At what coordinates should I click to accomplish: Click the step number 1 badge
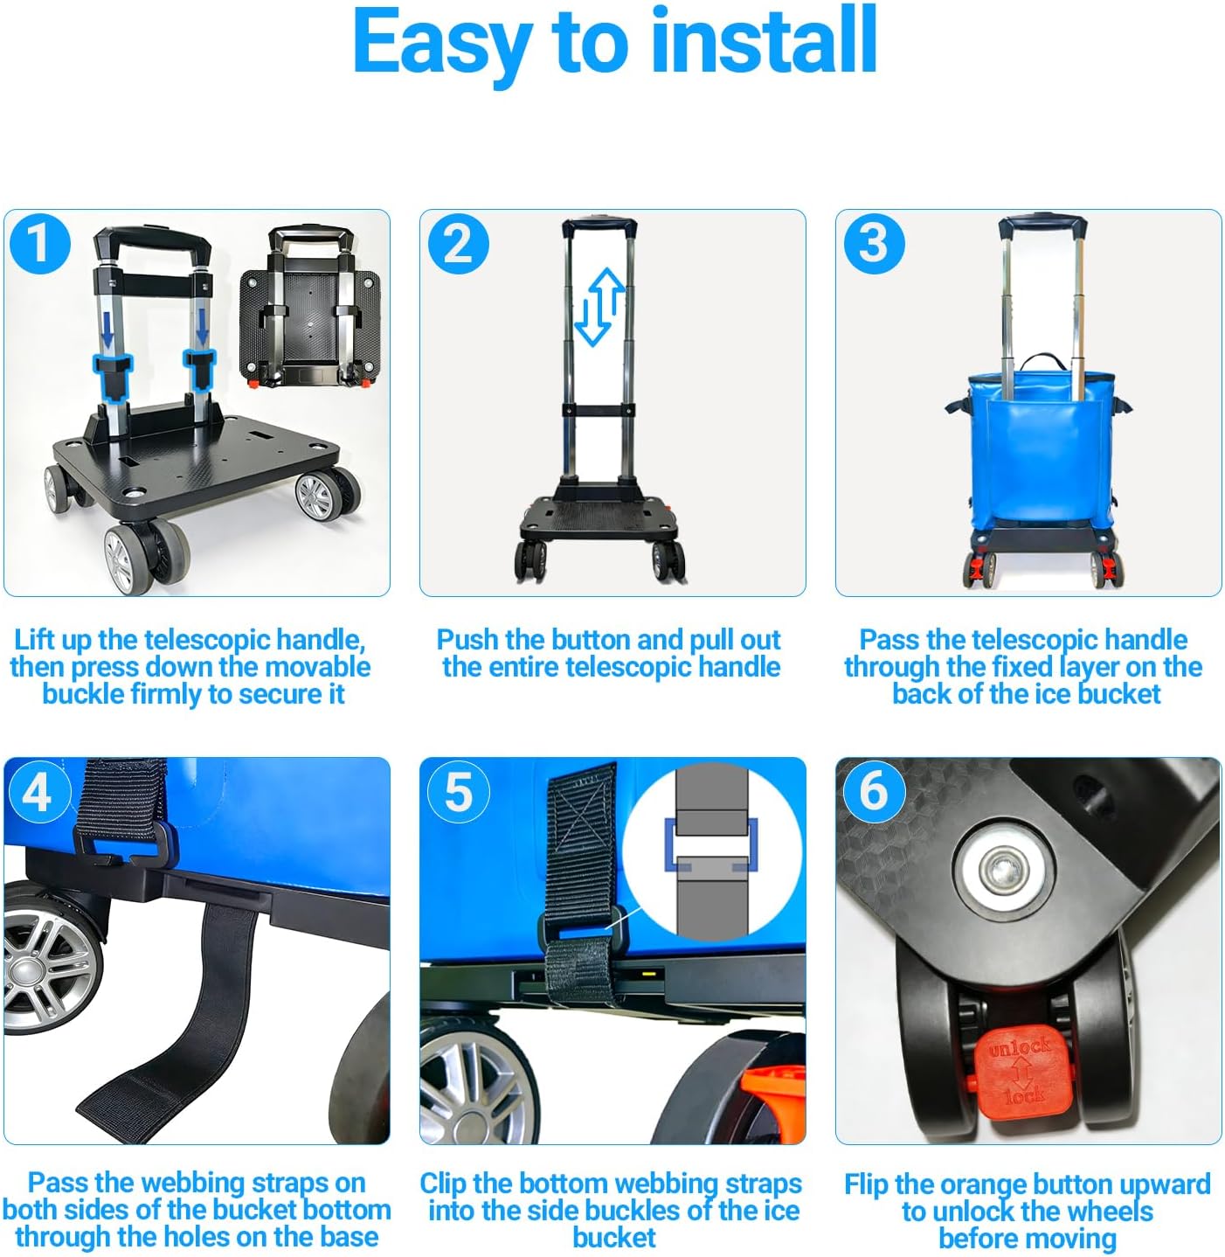(x=39, y=243)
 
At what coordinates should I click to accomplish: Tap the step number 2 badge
(x=458, y=243)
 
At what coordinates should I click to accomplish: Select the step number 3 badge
(x=874, y=243)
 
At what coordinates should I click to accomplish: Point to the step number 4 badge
(x=37, y=792)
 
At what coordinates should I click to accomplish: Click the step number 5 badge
(x=458, y=792)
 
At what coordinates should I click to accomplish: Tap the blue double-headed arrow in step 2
(x=599, y=307)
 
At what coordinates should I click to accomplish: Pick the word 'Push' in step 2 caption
(x=467, y=640)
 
